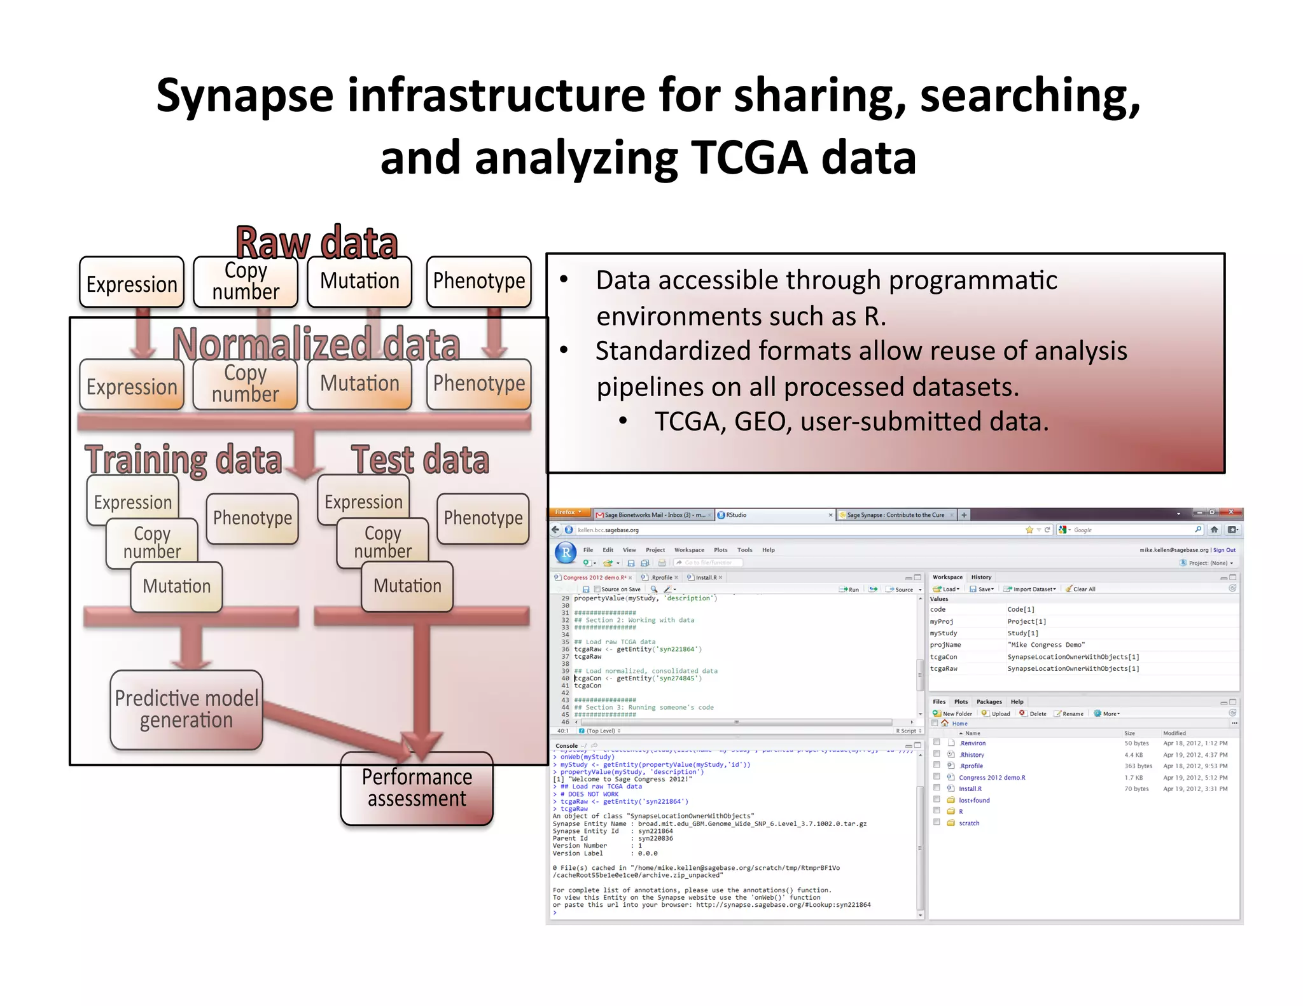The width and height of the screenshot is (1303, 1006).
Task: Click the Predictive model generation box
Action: tap(186, 710)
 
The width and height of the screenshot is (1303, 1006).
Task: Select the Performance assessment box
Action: tap(417, 789)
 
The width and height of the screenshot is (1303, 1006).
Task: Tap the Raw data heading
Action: tap(317, 242)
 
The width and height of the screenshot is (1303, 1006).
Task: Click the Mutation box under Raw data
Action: tap(359, 281)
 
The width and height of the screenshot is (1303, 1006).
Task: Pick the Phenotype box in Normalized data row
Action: tap(479, 384)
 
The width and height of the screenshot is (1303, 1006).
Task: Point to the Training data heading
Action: tap(183, 460)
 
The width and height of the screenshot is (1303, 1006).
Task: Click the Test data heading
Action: tap(420, 460)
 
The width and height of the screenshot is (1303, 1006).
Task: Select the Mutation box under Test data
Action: tap(407, 586)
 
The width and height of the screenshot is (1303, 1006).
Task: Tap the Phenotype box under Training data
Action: tap(253, 518)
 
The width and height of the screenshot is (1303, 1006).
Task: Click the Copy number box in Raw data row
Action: tap(246, 282)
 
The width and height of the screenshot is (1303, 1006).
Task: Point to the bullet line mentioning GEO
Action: tap(851, 422)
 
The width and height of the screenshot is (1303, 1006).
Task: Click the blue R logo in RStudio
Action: tap(566, 552)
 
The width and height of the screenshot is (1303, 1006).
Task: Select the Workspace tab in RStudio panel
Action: tap(947, 577)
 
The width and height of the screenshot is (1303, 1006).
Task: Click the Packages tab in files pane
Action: tap(989, 702)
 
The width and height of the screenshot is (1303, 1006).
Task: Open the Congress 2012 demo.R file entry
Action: tap(991, 778)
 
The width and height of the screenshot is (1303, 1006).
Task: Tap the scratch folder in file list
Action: tap(968, 823)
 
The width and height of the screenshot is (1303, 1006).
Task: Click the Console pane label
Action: tap(566, 746)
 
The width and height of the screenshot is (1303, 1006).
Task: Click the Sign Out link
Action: tap(1224, 550)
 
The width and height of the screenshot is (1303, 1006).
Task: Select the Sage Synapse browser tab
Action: tap(895, 515)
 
